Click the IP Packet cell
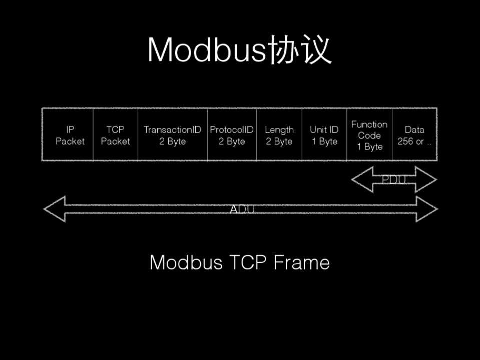coord(70,135)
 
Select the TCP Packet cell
coord(115,135)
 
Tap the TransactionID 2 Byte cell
coord(172,135)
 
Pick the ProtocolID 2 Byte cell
coord(232,135)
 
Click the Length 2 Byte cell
coord(279,135)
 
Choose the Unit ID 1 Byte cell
coord(324,135)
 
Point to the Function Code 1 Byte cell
coord(369,135)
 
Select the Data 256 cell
coord(414,135)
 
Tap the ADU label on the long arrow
coord(242,209)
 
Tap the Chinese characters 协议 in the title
coord(300,50)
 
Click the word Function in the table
coord(369,124)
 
